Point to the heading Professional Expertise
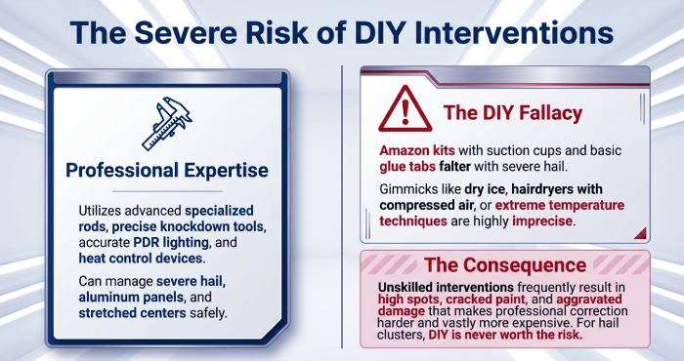pyautogui.click(x=166, y=170)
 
